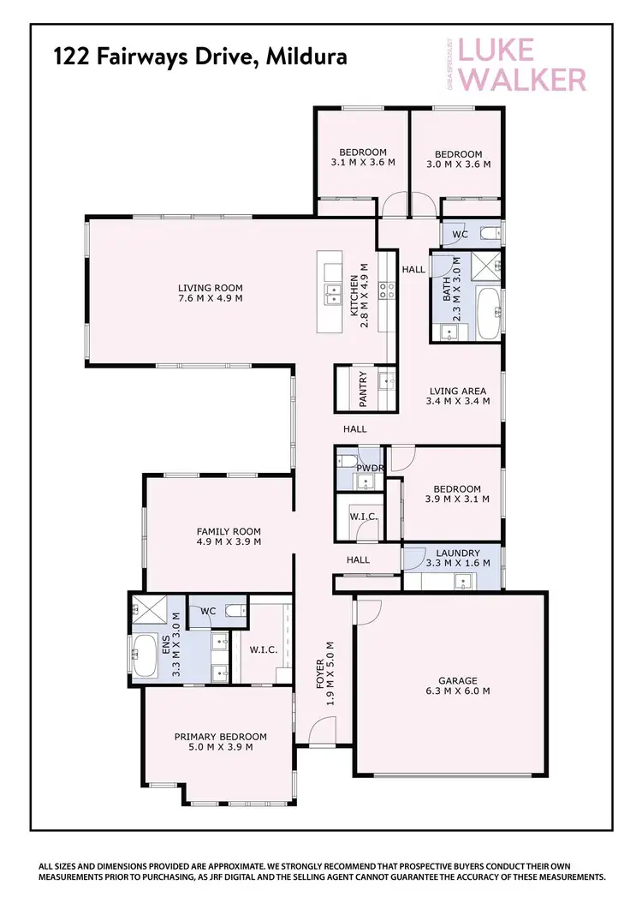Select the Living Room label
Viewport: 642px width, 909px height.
[x=211, y=293]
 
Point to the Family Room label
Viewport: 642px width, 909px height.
[x=229, y=536]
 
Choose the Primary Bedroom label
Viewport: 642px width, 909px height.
[x=220, y=741]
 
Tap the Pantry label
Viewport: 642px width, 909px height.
[x=364, y=388]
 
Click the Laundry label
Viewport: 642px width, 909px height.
[x=457, y=558]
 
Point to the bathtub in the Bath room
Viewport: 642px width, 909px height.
[x=488, y=314]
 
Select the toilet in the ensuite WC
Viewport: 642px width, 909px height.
[x=232, y=612]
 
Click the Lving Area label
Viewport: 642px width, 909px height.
[x=458, y=395]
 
